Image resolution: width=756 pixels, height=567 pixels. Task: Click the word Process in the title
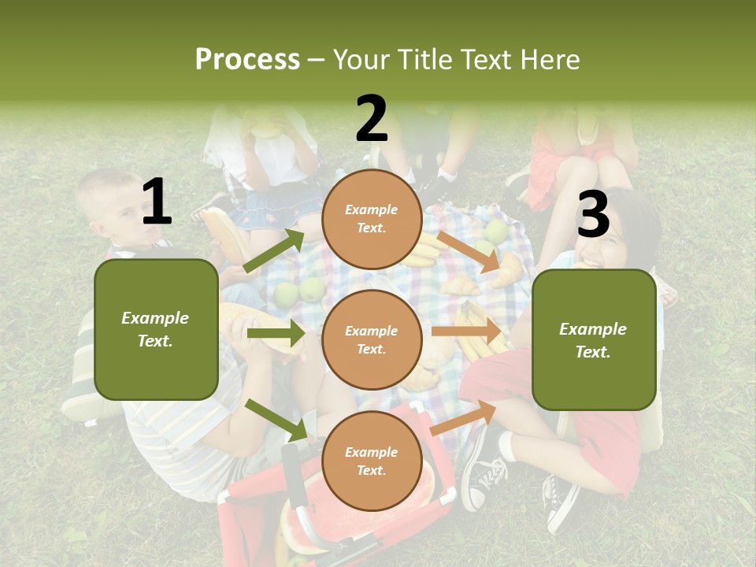tap(247, 59)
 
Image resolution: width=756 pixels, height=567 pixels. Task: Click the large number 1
tap(157, 202)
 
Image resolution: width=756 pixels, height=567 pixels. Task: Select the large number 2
tap(371, 119)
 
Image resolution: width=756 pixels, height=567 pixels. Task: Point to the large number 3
tap(593, 214)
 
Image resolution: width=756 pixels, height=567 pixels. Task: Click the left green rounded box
tap(156, 329)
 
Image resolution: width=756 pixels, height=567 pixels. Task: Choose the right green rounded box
tap(594, 339)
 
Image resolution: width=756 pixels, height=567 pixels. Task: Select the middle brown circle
tap(372, 339)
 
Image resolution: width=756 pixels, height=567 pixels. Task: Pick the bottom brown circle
tap(372, 461)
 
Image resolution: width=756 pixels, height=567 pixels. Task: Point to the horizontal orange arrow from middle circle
tap(468, 332)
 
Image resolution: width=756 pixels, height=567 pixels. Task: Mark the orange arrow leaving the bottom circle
tap(463, 417)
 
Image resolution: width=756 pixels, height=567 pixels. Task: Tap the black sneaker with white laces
tap(483, 472)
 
